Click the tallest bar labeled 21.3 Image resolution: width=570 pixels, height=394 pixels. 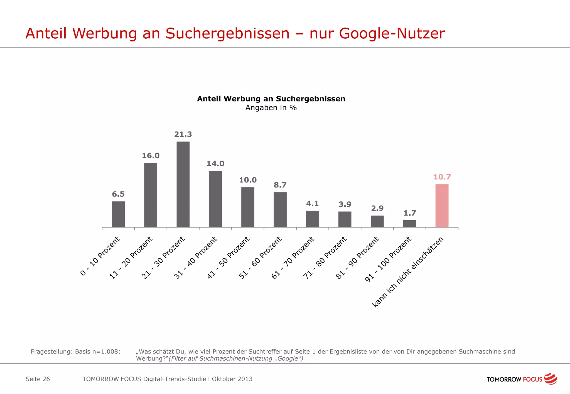[x=183, y=184]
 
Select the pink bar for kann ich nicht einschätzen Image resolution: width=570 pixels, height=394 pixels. [x=442, y=206]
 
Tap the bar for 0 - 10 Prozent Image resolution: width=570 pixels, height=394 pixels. [x=118, y=214]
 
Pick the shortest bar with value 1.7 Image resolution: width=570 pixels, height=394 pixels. [x=409, y=224]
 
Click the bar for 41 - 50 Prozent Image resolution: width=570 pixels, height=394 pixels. [x=248, y=207]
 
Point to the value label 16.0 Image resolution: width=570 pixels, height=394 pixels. [x=151, y=156]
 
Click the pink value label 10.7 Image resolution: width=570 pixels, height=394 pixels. [x=442, y=177]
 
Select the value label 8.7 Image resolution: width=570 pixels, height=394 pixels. [x=280, y=185]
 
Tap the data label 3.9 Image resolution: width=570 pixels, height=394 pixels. [x=345, y=205]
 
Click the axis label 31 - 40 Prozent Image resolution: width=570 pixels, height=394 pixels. [x=196, y=258]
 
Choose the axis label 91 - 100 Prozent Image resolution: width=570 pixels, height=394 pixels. [x=388, y=259]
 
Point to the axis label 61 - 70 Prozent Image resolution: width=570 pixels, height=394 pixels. [x=293, y=258]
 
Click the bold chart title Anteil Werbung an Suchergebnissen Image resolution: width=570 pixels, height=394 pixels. [x=271, y=99]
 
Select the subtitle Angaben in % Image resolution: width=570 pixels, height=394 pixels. [x=271, y=108]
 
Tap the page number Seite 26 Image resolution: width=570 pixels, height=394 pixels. [x=38, y=379]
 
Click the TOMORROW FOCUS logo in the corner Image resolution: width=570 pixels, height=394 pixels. [x=522, y=379]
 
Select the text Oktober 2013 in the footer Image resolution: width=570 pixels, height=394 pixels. [x=232, y=379]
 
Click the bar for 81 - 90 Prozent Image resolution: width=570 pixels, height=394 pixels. [x=377, y=221]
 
